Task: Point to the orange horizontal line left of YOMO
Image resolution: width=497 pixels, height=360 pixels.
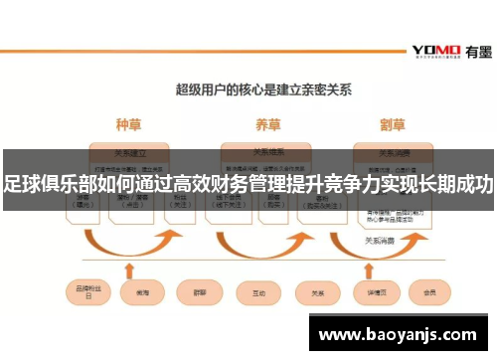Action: click(199, 51)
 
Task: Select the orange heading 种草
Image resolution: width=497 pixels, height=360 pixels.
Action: click(129, 126)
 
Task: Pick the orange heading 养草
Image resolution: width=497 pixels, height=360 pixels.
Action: click(267, 126)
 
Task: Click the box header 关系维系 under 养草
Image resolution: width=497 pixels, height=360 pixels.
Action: click(267, 152)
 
